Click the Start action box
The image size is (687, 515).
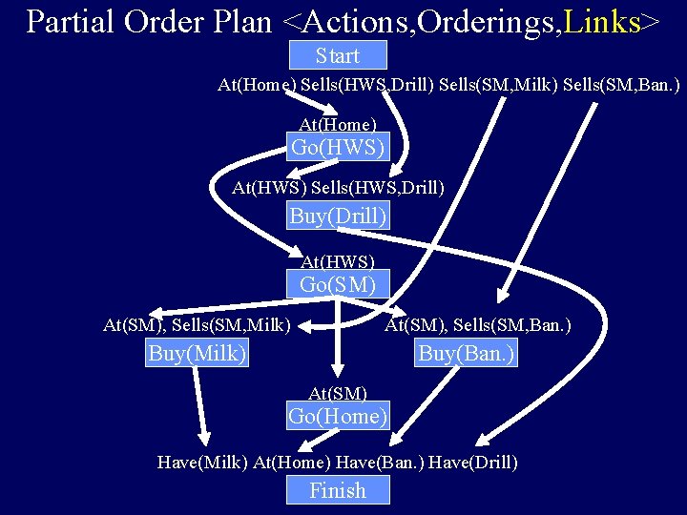point(337,55)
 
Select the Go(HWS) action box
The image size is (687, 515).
point(338,148)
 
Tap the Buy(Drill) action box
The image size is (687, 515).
point(338,216)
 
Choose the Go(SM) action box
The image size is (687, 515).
point(338,283)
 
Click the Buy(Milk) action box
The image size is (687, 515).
point(198,354)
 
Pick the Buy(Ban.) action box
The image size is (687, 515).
point(467,354)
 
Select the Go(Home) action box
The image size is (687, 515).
point(338,416)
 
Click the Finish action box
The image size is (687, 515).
point(338,490)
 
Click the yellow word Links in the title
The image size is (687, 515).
point(602,22)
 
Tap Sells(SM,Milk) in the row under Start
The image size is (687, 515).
point(497,86)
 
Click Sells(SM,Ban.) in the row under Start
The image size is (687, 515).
point(621,86)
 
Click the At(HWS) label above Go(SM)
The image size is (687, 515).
point(338,261)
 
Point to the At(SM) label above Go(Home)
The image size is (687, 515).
point(338,393)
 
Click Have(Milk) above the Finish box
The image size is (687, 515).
point(201,463)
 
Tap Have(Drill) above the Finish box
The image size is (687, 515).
point(473,463)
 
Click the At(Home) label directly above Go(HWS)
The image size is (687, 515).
point(338,125)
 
